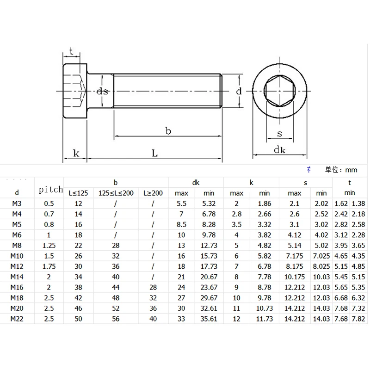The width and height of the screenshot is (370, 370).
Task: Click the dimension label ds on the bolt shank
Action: [102, 91]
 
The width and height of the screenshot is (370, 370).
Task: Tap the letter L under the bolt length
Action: [154, 154]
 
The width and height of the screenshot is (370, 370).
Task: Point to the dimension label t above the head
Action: [71, 51]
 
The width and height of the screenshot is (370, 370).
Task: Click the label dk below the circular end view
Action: [280, 150]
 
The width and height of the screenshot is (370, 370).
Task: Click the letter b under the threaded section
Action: [168, 131]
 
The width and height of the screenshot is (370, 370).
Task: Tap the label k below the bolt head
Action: [76, 154]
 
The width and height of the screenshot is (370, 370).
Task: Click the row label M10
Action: [17, 256]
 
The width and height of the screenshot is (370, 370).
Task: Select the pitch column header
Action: [51, 190]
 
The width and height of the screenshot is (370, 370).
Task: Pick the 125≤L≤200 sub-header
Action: [116, 193]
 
